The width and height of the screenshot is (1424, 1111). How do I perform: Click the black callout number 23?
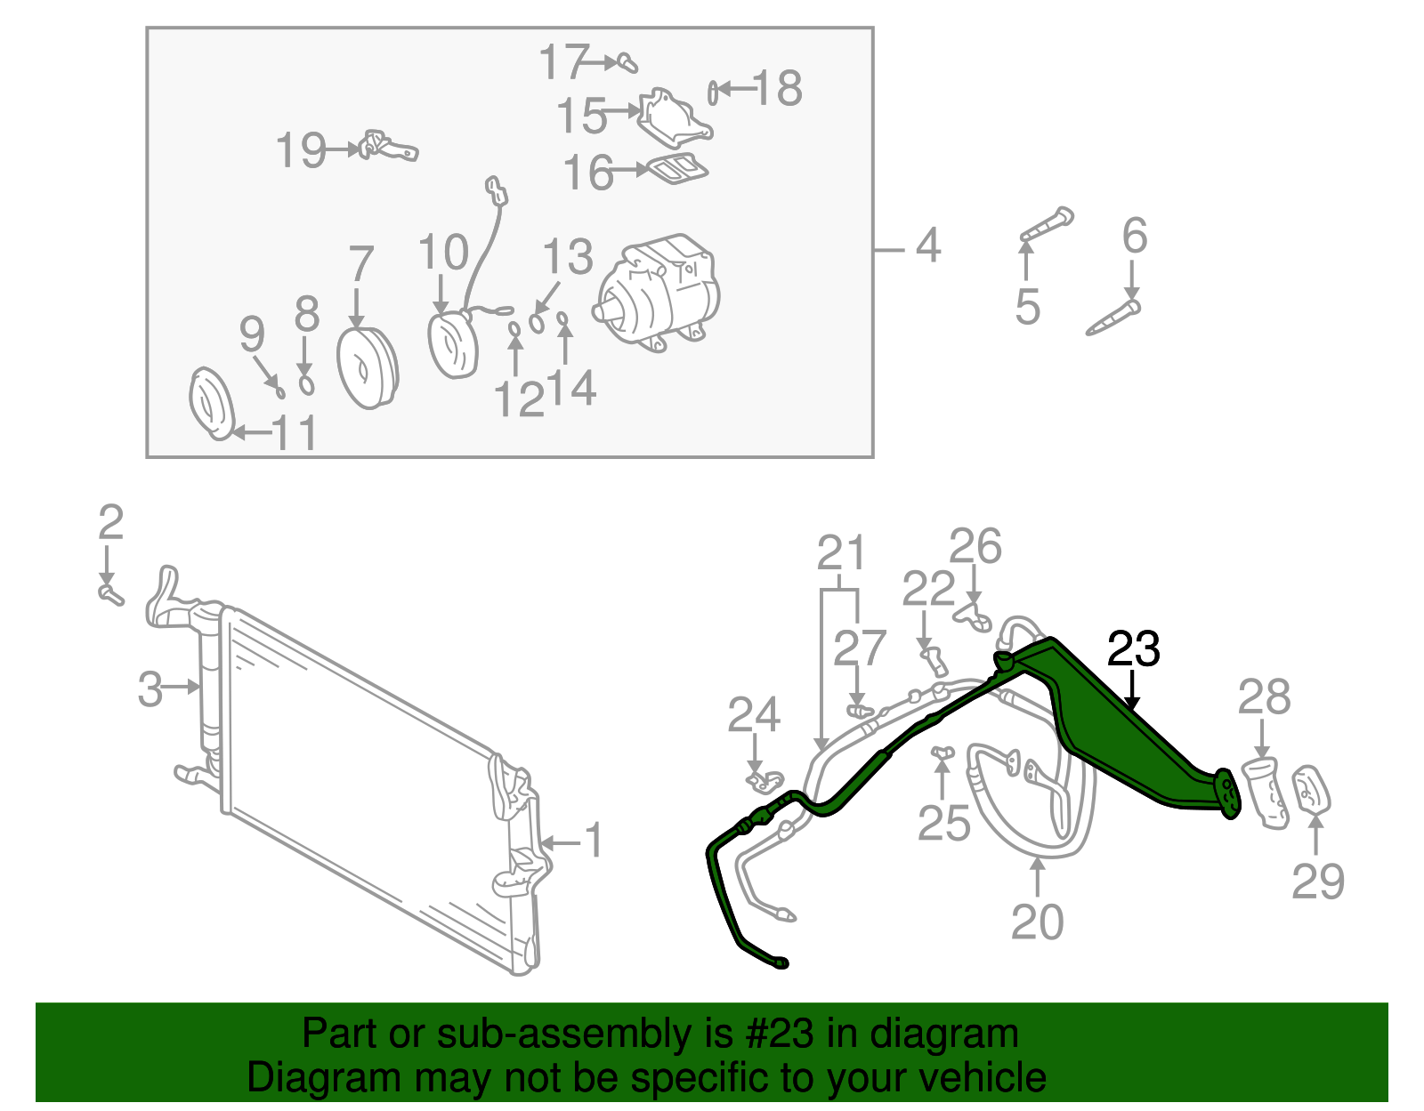[1133, 650]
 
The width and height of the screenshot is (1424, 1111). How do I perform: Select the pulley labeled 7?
[367, 368]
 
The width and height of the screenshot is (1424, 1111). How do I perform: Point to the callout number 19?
[300, 150]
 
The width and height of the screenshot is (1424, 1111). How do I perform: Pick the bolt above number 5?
[1048, 225]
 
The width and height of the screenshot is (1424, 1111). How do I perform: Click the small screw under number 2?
[109, 593]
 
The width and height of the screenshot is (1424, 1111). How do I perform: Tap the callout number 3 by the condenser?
[150, 688]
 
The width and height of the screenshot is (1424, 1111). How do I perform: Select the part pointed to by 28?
[1266, 793]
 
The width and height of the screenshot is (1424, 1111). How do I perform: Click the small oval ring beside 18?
[713, 91]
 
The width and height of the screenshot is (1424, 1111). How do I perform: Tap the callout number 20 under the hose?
[1037, 922]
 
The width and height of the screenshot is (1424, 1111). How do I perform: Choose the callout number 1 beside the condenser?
[594, 841]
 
